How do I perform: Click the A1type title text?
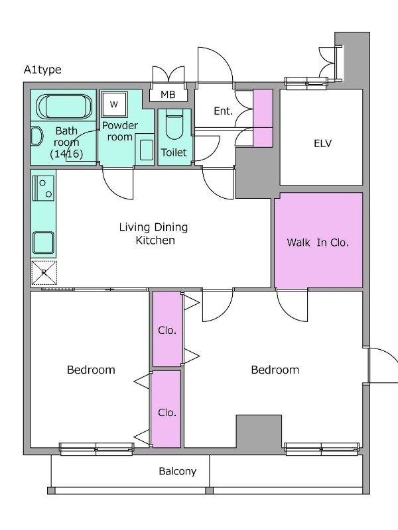(x=42, y=70)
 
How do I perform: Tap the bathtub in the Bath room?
(x=64, y=106)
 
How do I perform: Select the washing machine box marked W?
(x=114, y=104)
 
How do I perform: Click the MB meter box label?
(x=168, y=95)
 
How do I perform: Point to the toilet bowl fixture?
(x=174, y=124)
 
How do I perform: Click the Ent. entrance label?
(x=224, y=111)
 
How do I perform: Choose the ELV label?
(x=322, y=143)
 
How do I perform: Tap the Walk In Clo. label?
(x=318, y=242)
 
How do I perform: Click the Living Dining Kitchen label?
(x=154, y=234)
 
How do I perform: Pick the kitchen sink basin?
(x=43, y=242)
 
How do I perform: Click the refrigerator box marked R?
(x=44, y=272)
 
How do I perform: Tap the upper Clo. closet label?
(x=167, y=330)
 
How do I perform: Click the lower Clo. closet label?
(x=167, y=412)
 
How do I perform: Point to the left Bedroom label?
(x=91, y=370)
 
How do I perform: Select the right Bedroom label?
(x=275, y=370)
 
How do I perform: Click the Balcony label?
(x=178, y=471)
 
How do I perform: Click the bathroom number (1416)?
(x=66, y=154)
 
